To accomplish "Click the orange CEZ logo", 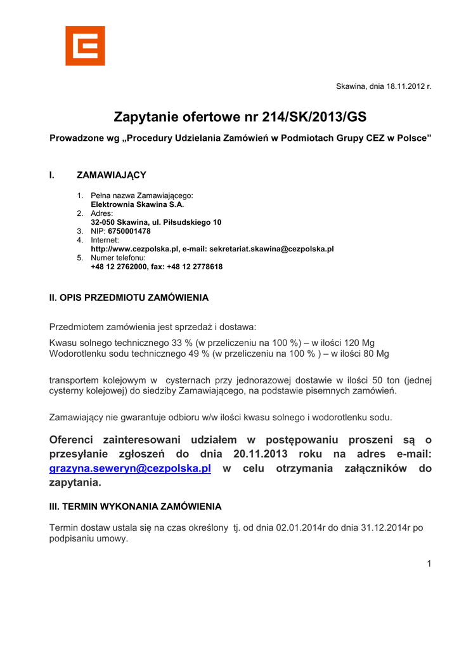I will pos(85,46).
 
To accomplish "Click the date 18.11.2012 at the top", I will pos(403,86).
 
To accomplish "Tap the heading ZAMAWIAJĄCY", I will pos(112,175).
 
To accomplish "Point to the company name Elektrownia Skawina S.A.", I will pos(138,205).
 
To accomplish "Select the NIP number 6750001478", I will pos(129,232).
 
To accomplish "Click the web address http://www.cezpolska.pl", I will pos(135,249).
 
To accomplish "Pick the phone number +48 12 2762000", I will pos(120,267).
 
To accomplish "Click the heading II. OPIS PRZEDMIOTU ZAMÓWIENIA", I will pos(129,297).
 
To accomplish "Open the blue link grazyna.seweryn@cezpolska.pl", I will pos(130,468).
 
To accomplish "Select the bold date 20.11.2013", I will pos(260,454).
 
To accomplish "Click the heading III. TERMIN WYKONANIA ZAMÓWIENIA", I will pos(136,507).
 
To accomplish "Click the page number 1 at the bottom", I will pos(429,564).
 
